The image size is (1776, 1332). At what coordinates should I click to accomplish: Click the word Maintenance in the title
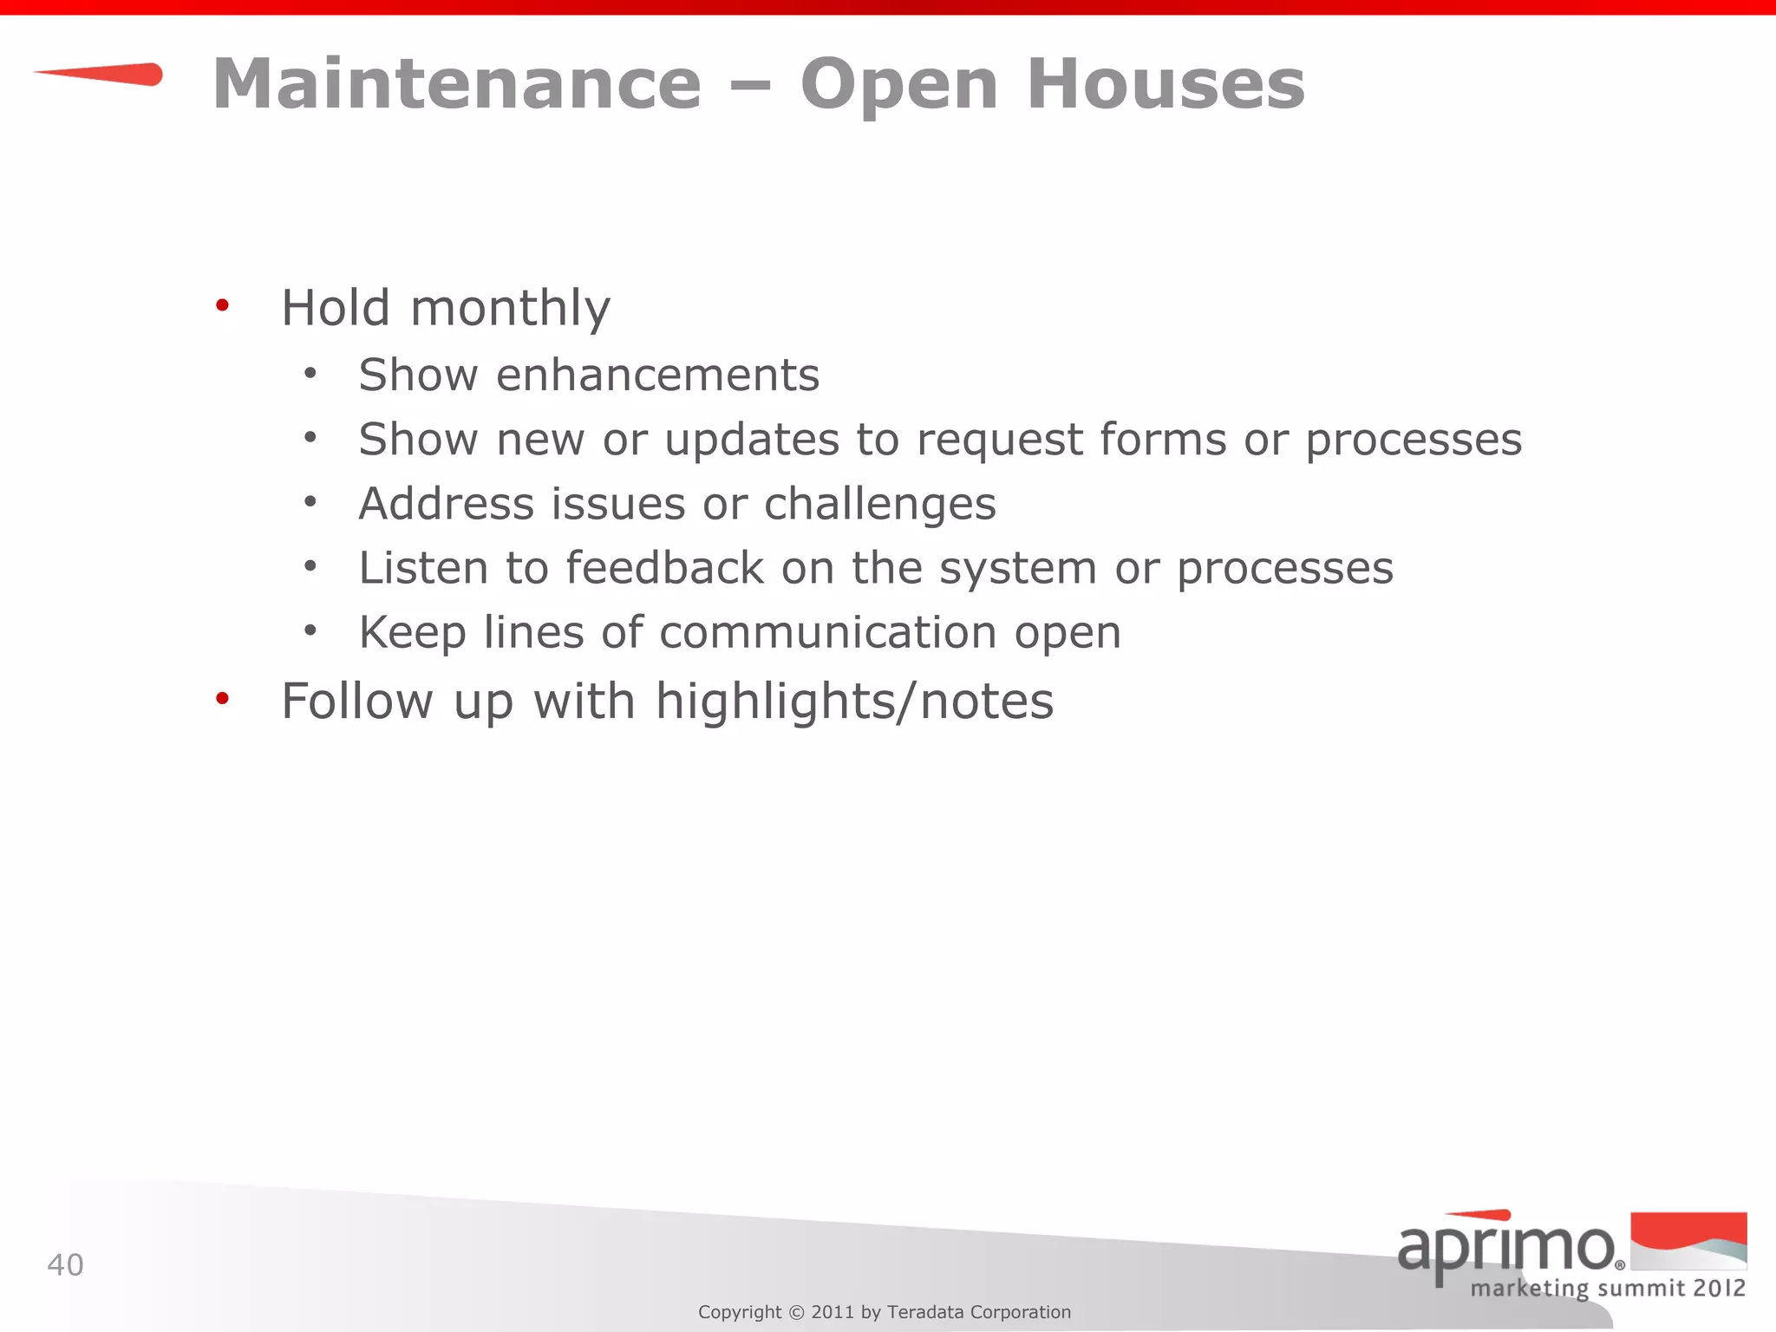pos(457,84)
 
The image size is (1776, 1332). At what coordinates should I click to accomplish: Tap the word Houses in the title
pos(1165,84)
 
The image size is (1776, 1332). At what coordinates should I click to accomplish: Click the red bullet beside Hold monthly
pos(223,305)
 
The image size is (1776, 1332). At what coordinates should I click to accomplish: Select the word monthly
pos(510,309)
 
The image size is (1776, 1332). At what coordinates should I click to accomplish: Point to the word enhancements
pos(657,375)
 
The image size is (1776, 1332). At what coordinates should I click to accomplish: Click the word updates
pos(752,441)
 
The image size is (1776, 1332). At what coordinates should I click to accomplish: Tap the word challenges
pos(879,504)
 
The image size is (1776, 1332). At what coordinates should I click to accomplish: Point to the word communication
pos(827,632)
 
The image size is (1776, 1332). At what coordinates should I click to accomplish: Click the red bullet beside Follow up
pos(223,698)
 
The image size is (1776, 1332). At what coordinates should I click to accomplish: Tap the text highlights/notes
pos(854,701)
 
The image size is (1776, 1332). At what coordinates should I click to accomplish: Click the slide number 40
pos(65,1265)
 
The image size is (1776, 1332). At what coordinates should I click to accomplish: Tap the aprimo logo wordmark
pos(1505,1249)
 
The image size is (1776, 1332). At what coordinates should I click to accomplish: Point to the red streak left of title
pos(100,75)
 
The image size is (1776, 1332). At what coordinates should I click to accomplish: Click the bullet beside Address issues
pos(310,502)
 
